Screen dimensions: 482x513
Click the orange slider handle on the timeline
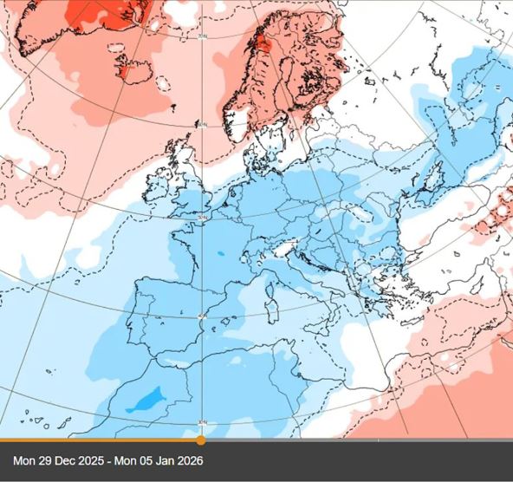(201, 440)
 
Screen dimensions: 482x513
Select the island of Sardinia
(269, 304)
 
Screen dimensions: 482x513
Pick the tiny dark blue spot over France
(220, 254)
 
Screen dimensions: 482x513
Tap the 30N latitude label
(203, 423)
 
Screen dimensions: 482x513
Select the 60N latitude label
(203, 126)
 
